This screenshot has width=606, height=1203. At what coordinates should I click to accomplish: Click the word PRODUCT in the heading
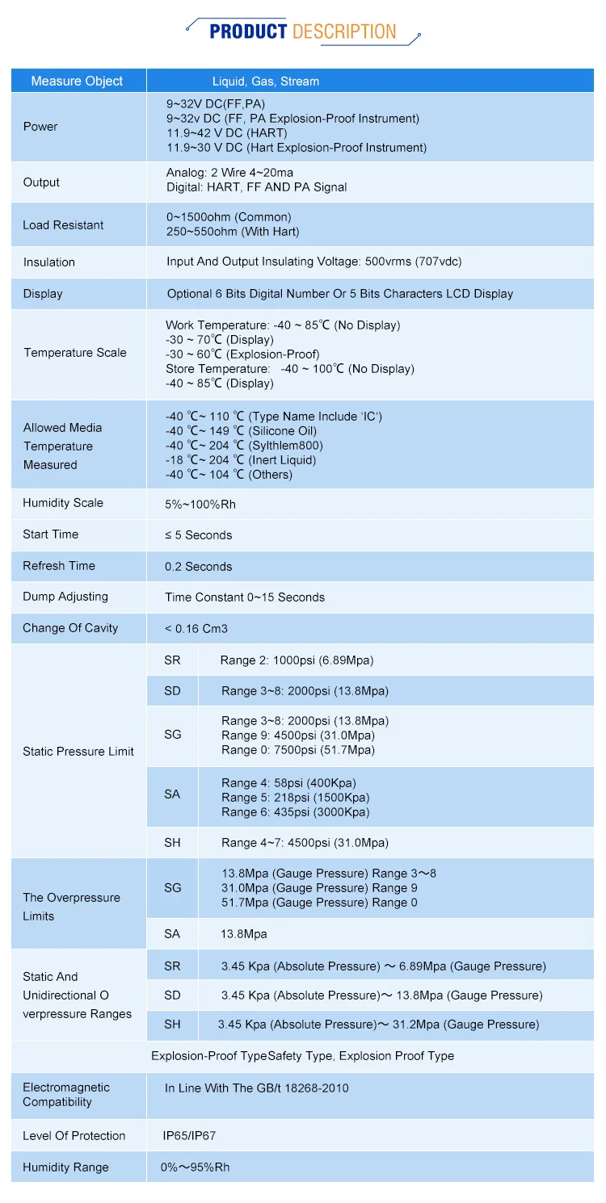tap(247, 32)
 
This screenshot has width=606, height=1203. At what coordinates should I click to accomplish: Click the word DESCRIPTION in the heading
tap(344, 32)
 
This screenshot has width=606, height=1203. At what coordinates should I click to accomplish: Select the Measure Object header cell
tap(77, 81)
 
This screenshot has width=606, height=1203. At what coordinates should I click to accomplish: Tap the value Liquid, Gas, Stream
tap(265, 82)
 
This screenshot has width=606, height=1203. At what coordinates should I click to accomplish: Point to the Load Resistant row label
tap(63, 225)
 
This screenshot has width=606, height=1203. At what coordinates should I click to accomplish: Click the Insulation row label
tap(48, 262)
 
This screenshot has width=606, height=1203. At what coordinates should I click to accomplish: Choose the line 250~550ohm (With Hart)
tap(233, 232)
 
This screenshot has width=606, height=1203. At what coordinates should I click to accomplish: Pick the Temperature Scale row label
tap(75, 353)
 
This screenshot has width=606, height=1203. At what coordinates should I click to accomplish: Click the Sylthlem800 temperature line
tap(244, 446)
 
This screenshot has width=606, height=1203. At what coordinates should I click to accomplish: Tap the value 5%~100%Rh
tap(200, 505)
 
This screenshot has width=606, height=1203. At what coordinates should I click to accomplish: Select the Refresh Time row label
tap(59, 566)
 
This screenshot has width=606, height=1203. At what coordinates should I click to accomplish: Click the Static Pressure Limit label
tap(78, 752)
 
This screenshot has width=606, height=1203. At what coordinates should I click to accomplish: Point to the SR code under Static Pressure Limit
tap(172, 660)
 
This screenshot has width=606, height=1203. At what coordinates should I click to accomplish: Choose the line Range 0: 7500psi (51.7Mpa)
tap(298, 750)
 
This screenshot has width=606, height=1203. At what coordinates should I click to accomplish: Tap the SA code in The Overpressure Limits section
tap(172, 934)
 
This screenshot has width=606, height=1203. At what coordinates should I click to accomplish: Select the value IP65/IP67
tap(189, 1136)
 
